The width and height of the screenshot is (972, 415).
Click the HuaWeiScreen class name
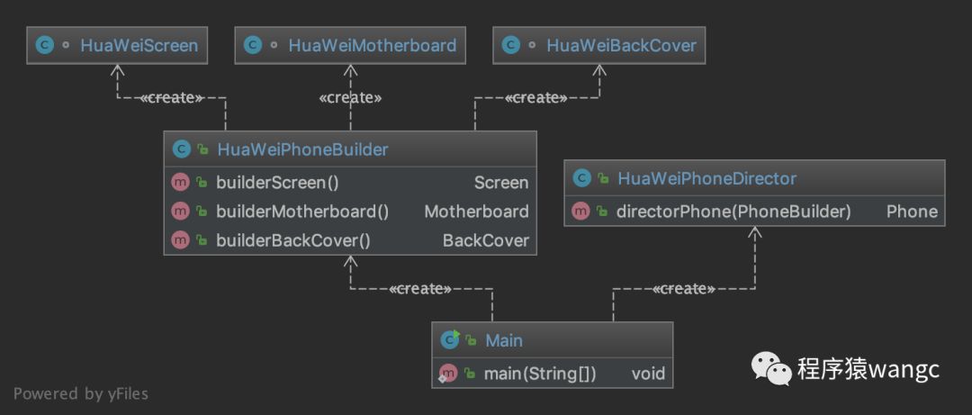pyautogui.click(x=139, y=45)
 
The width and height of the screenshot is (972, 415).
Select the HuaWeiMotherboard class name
pyautogui.click(x=372, y=45)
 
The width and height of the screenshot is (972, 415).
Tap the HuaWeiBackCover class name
pyautogui.click(x=621, y=45)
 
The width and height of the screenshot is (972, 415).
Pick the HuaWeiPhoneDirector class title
pyautogui.click(x=706, y=178)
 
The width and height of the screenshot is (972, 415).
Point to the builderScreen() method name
pyautogui.click(x=277, y=183)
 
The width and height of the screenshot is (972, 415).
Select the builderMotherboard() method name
pyautogui.click(x=302, y=212)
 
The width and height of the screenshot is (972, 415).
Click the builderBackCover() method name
pyautogui.click(x=293, y=240)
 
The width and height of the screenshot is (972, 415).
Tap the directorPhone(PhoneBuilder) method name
pyautogui.click(x=733, y=212)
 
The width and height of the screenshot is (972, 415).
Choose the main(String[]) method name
pyautogui.click(x=540, y=374)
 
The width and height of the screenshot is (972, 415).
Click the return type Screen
pyautogui.click(x=501, y=183)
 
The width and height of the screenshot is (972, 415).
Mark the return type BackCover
pyautogui.click(x=485, y=240)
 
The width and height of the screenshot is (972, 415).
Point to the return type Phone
pyautogui.click(x=912, y=212)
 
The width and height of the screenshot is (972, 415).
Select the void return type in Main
pyautogui.click(x=648, y=374)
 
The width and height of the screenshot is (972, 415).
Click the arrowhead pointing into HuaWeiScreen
pyautogui.click(x=117, y=70)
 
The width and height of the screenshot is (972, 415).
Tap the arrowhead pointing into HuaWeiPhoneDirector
pyautogui.click(x=754, y=232)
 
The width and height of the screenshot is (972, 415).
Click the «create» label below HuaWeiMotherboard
pyautogui.click(x=350, y=97)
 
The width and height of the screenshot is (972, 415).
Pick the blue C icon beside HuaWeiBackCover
pyautogui.click(x=510, y=45)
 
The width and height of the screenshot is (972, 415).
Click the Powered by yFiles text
pyautogui.click(x=81, y=394)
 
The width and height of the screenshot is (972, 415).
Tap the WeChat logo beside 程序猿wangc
pyautogui.click(x=771, y=370)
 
